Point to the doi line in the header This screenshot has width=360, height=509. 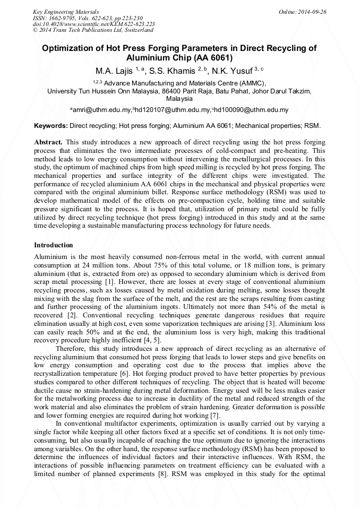[93, 24]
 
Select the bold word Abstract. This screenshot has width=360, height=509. [48, 143]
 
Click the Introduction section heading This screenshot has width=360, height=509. [54, 245]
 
